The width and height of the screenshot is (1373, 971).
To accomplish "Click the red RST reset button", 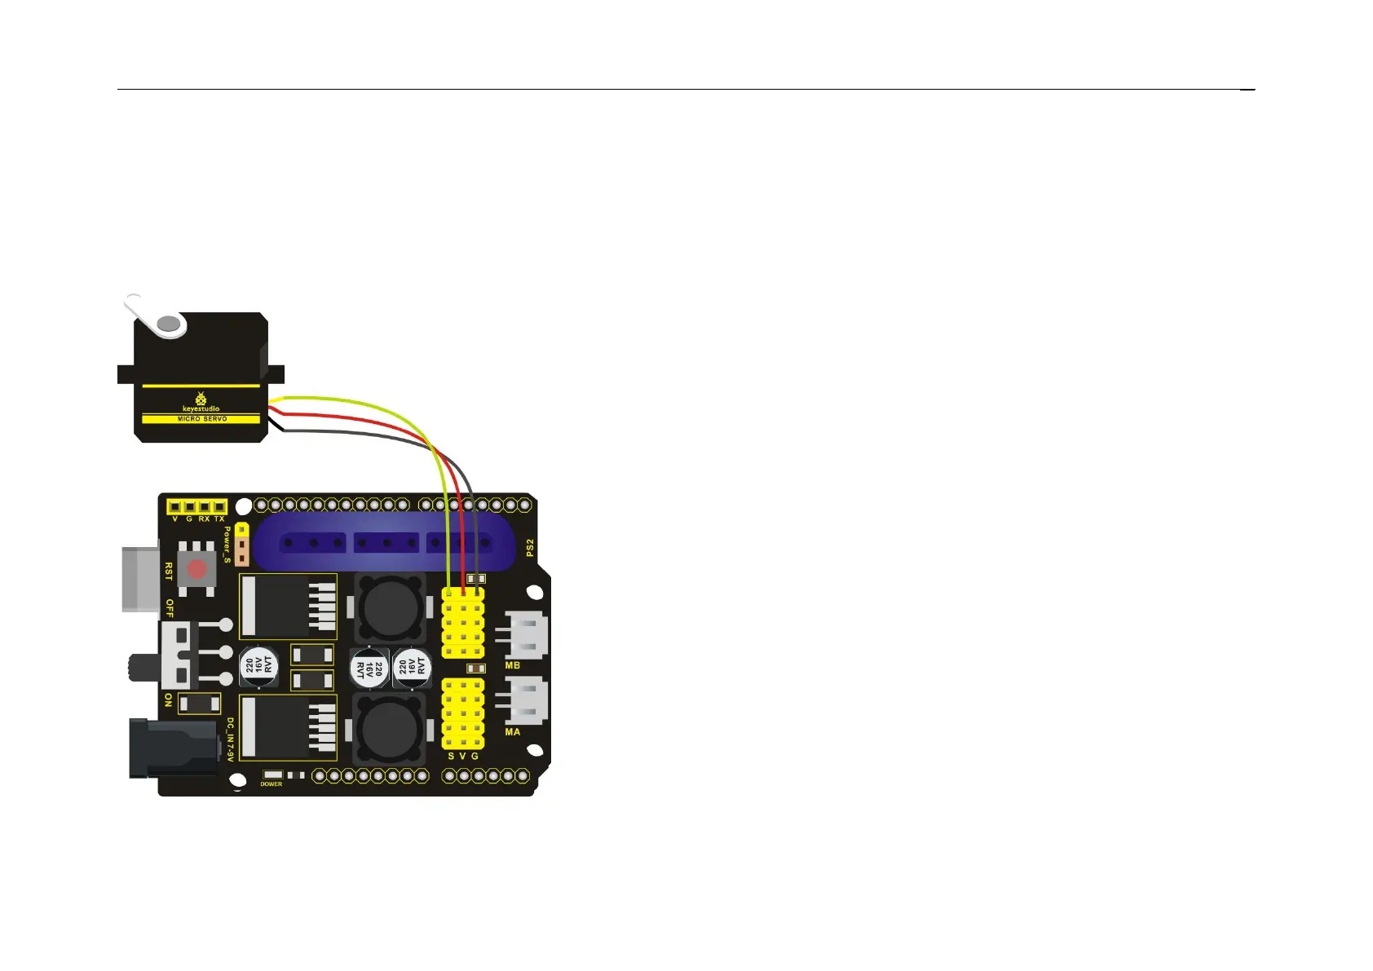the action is [197, 568].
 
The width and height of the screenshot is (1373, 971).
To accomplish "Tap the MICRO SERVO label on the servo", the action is [202, 419].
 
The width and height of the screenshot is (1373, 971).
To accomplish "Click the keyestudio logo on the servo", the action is [201, 403].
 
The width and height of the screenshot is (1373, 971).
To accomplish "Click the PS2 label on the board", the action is [530, 547].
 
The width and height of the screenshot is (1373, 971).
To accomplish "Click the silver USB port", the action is [141, 579].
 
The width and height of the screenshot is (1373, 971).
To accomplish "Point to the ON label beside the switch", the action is [169, 700].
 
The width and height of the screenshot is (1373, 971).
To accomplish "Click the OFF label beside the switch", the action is [170, 608].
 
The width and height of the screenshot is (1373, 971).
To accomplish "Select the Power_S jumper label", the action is [227, 545].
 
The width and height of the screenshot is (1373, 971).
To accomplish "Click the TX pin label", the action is [219, 519].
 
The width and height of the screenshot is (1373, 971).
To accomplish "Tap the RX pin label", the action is [204, 519].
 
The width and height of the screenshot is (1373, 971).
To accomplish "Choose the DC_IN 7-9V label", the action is [230, 740].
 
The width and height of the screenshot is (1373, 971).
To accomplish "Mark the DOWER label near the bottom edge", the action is [272, 784].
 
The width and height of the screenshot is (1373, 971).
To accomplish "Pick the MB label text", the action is [513, 666].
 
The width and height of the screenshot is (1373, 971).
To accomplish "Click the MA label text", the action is [513, 732].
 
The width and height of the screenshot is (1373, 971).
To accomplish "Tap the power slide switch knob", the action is [135, 667].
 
